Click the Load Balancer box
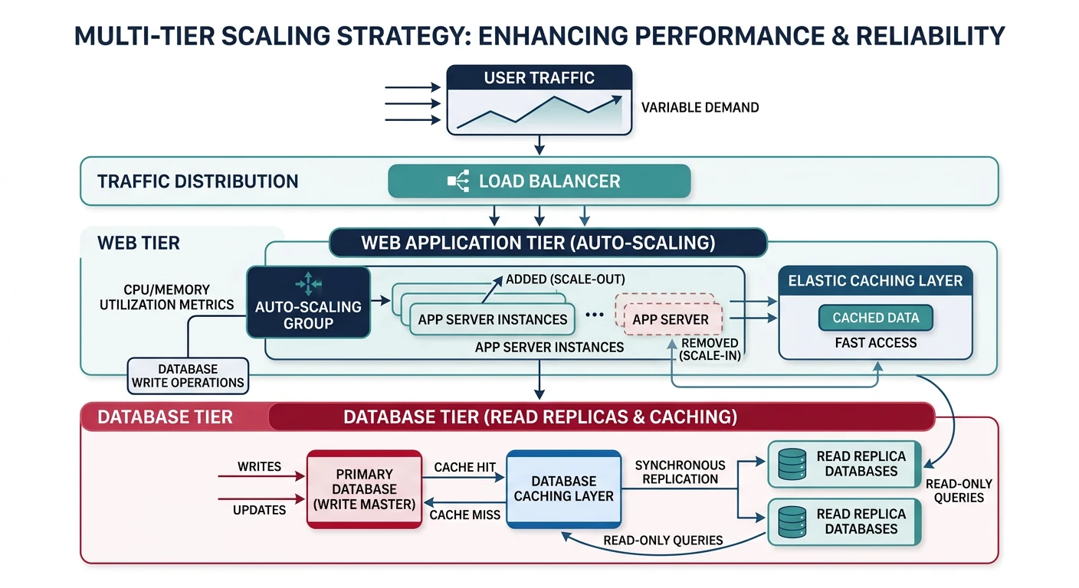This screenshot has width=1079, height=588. point(539,182)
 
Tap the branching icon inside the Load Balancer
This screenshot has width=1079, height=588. point(458,182)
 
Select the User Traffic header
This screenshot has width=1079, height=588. point(539,78)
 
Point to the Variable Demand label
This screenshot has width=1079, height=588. point(699,108)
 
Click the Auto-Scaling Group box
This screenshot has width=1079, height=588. point(308,302)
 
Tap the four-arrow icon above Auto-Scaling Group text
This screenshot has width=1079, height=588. point(308,283)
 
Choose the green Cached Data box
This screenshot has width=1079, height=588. point(875,318)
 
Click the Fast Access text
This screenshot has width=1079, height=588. point(875,343)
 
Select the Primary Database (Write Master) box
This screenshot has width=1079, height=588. point(365,488)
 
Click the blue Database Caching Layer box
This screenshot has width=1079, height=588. point(563,488)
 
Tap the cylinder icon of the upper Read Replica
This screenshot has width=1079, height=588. point(792,464)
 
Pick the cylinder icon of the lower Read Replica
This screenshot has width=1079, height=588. point(792,521)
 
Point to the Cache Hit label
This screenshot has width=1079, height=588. point(465,467)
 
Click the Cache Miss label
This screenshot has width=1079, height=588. point(464,515)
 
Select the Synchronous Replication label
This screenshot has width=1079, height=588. point(680,472)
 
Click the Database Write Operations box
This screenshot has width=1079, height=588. point(188,376)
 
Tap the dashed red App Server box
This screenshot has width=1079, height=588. point(670,319)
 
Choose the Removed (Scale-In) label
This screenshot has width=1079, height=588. point(710,350)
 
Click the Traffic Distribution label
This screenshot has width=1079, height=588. point(198,182)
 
